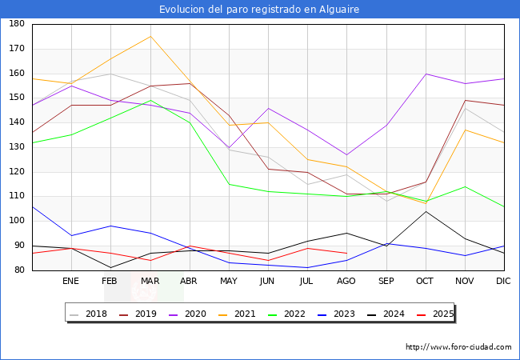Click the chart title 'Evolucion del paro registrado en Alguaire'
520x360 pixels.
[x=259, y=9]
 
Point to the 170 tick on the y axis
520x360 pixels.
[x=16, y=49]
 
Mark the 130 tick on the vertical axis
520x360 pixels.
[x=16, y=147]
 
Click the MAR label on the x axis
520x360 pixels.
[x=150, y=282]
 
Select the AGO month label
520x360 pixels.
[x=346, y=282]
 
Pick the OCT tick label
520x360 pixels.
[x=425, y=282]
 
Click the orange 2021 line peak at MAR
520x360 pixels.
[x=150, y=36]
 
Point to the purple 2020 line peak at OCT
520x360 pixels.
[x=426, y=74]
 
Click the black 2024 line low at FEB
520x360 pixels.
[x=110, y=267]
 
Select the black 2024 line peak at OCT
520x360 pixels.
[x=426, y=211]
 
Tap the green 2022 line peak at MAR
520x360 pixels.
[x=150, y=101]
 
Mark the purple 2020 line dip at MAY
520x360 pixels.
[x=229, y=147]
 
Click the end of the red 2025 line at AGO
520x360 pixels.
[x=346, y=253]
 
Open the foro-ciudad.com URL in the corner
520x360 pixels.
[x=458, y=347]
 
